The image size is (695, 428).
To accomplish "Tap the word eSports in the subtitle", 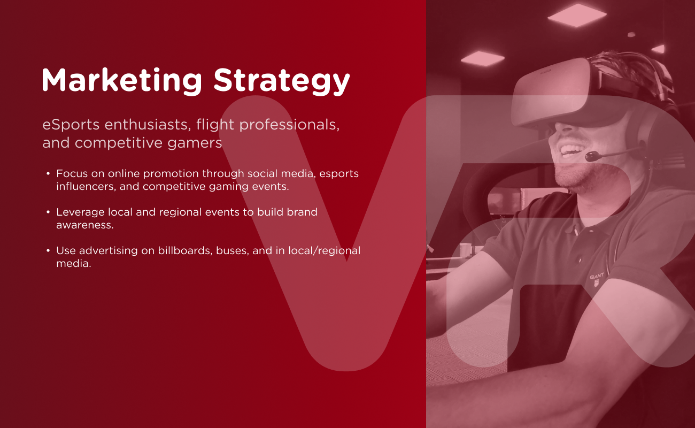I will [x=71, y=125].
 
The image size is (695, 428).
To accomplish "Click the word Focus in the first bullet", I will [x=71, y=174].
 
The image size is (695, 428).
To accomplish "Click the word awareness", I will [x=85, y=225].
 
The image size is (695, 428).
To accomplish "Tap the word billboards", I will [x=184, y=250].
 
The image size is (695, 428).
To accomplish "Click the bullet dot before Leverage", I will [x=48, y=212].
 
